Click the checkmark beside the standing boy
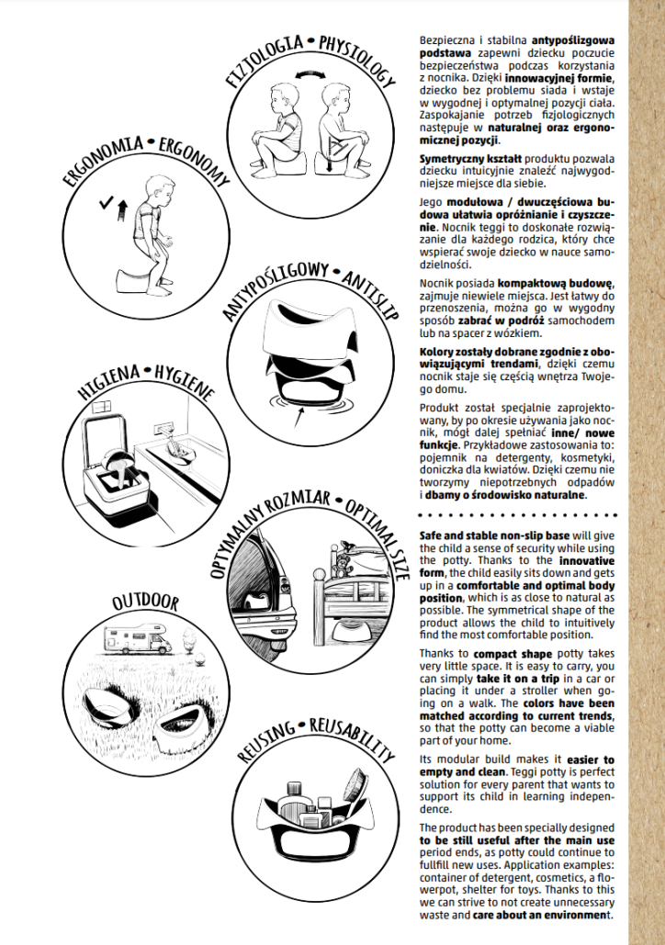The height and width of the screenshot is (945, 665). tap(108, 199)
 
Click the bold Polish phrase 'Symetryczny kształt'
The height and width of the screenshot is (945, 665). tap(459, 159)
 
